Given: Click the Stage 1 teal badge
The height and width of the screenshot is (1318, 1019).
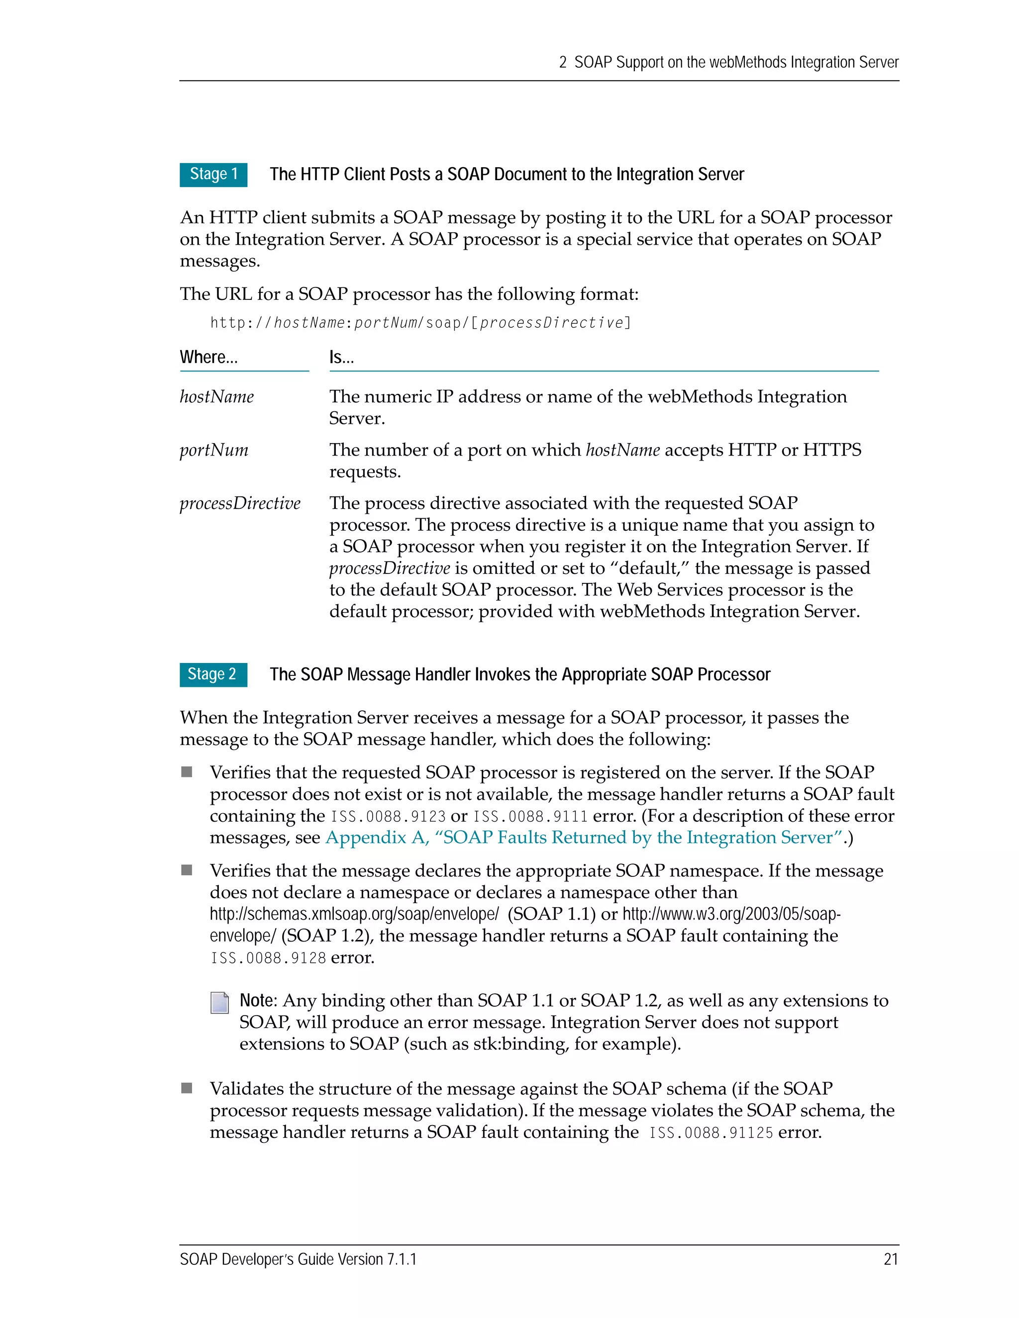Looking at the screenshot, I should (x=213, y=175).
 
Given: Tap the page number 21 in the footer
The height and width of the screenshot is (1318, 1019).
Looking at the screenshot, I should (x=891, y=1259).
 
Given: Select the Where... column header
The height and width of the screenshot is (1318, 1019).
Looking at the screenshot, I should (x=209, y=357).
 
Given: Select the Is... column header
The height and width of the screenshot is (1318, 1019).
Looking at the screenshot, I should (x=341, y=357).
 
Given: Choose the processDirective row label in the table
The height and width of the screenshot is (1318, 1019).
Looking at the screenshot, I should (x=240, y=503).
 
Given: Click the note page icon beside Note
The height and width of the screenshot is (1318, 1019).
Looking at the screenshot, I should (x=220, y=1003).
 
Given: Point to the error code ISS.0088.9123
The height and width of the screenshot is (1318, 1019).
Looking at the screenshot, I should (x=388, y=817).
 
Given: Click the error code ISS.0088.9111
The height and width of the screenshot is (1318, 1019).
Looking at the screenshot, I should (x=530, y=817).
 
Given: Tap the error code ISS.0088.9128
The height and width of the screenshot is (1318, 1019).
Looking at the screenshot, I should (x=268, y=958).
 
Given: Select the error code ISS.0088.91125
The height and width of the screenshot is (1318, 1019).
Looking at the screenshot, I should (x=711, y=1132).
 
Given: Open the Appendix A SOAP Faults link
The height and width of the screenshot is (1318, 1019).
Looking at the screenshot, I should (x=584, y=838).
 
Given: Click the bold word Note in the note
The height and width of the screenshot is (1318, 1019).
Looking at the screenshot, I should (x=257, y=1001).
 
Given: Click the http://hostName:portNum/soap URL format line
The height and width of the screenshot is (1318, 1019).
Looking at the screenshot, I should (x=421, y=323).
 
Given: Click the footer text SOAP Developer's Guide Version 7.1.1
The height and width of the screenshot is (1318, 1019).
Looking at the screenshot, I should (x=298, y=1259).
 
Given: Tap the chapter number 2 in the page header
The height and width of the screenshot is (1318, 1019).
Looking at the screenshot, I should (x=563, y=63).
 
